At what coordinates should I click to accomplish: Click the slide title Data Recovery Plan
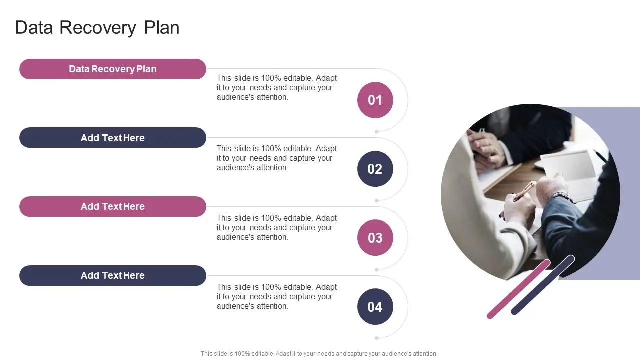(x=97, y=27)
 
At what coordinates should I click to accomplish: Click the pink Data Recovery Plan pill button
(x=113, y=69)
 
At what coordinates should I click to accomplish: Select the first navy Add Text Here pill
(x=113, y=138)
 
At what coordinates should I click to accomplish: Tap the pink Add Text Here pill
(x=113, y=207)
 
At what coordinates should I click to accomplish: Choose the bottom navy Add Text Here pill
(x=113, y=276)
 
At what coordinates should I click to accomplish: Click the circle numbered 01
(x=375, y=100)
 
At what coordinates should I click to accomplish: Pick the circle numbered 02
(x=375, y=169)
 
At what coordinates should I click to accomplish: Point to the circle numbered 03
(x=375, y=238)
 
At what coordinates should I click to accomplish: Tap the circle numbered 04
(x=375, y=307)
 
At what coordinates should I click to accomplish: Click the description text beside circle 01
(x=277, y=88)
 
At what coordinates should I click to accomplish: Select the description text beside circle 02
(x=277, y=158)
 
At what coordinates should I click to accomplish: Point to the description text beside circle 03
(x=277, y=228)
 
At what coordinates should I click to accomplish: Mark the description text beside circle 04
(x=277, y=297)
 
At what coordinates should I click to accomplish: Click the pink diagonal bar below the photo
(x=518, y=289)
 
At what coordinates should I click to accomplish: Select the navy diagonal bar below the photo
(x=543, y=285)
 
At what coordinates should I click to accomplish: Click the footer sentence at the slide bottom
(x=319, y=354)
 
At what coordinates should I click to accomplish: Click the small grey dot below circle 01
(x=377, y=132)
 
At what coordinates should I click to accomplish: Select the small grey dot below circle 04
(x=377, y=338)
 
